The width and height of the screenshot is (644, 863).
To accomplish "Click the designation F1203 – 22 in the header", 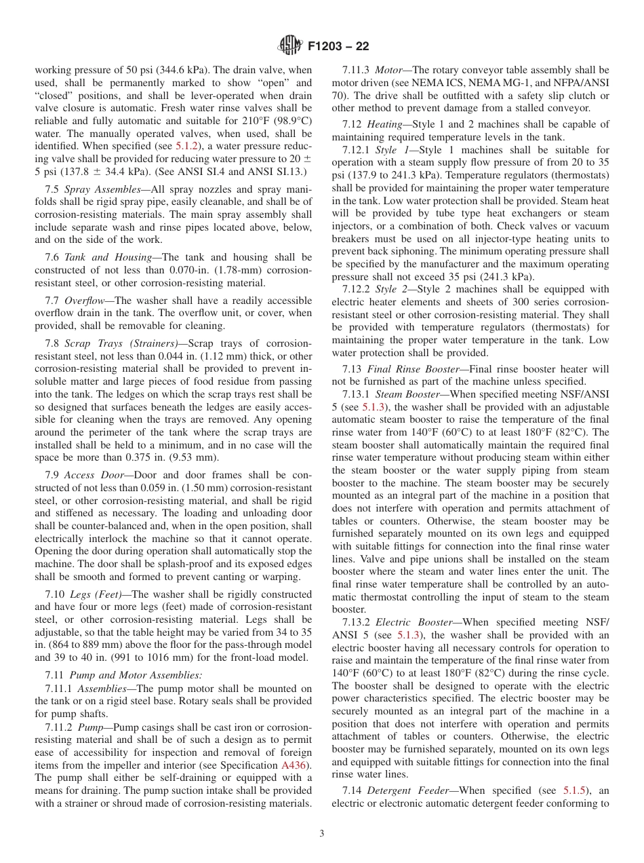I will (338, 47).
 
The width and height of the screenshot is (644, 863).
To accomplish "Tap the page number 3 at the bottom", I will (322, 834).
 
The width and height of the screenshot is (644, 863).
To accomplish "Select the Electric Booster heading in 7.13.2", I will (414, 622).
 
